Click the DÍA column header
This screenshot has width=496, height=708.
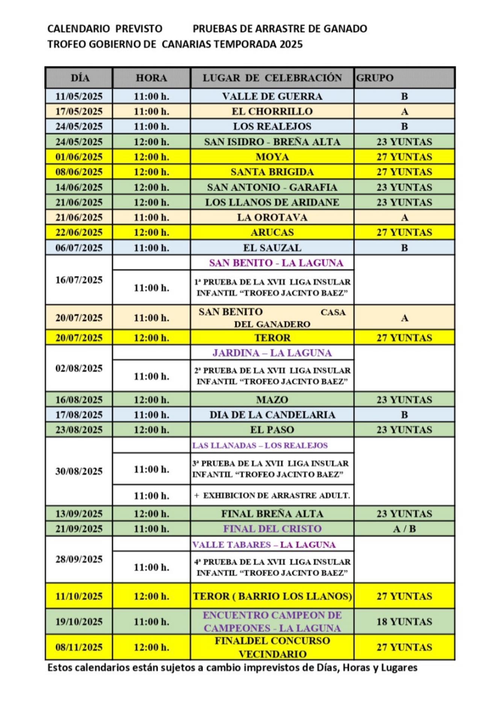80,78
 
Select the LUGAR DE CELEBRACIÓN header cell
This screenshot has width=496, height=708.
272,78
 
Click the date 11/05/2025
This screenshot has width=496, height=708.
79,97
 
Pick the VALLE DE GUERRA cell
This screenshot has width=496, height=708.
272,97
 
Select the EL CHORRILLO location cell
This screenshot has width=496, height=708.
272,112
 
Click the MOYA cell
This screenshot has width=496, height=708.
272,157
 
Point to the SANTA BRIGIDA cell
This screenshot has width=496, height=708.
272,172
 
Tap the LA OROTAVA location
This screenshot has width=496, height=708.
272,217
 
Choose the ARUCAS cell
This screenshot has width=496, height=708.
272,232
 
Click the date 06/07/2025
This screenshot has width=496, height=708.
79,248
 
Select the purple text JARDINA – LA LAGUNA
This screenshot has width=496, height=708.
272,353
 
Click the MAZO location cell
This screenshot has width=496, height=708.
272,399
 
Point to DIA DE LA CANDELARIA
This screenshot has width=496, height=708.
272,415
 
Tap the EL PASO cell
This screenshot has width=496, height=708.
272,430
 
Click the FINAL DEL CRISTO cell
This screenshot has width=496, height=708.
272,529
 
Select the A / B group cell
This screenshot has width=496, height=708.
404,529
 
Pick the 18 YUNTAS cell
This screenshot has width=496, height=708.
404,622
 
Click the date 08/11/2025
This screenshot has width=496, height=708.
79,647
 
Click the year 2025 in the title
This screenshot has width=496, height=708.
291,44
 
